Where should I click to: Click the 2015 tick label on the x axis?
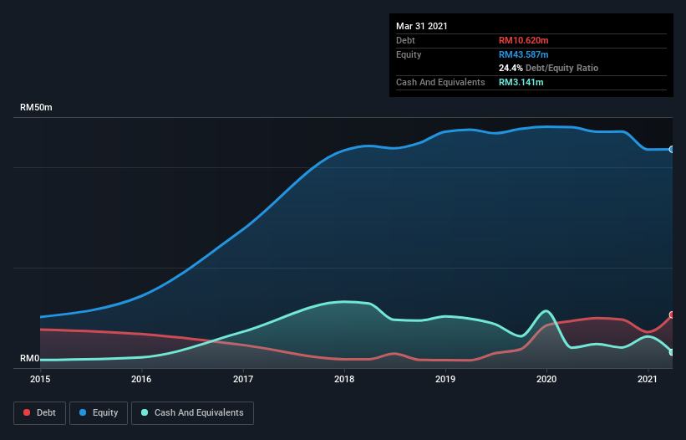point(40,379)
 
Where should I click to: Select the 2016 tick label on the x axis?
point(141,379)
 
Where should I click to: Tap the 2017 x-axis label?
point(243,379)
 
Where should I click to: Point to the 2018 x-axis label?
point(344,379)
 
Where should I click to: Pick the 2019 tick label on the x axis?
point(445,379)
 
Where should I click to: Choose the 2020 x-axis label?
point(546,379)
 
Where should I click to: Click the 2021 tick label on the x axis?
point(648,379)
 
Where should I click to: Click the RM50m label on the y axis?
point(37,108)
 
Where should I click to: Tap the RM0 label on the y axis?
point(30,358)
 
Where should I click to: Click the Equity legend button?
point(99,412)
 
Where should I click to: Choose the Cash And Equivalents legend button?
point(192,412)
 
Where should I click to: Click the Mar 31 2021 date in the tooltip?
point(422,26)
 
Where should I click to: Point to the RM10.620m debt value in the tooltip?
point(524,40)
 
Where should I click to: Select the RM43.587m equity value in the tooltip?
point(524,54)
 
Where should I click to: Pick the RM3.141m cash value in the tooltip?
point(521,82)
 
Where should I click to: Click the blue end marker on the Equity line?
point(672,149)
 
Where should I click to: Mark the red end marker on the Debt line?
point(672,315)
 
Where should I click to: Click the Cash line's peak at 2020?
point(546,311)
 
